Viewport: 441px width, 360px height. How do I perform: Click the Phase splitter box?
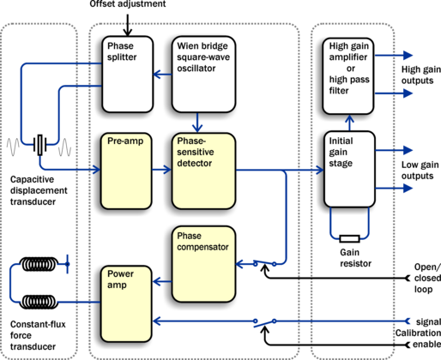click(x=128, y=75)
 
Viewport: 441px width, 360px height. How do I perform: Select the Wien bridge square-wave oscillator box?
click(x=203, y=75)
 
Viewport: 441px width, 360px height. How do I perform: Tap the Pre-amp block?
click(x=126, y=171)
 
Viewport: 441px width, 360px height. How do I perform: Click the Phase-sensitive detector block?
click(x=203, y=171)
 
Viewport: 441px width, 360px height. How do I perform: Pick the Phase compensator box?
click(x=203, y=264)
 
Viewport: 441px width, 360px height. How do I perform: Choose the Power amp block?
click(x=126, y=303)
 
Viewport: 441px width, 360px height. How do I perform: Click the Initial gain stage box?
click(x=349, y=169)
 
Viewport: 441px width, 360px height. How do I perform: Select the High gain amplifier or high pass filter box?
click(x=348, y=76)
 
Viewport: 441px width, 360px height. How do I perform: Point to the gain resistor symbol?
click(x=349, y=238)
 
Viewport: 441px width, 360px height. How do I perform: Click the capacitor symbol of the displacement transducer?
click(x=39, y=145)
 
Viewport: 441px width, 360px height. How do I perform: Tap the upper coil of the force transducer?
click(x=39, y=264)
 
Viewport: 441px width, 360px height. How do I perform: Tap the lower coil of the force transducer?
click(x=39, y=302)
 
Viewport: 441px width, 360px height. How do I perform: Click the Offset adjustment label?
click(x=128, y=4)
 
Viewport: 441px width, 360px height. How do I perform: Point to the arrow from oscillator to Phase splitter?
click(x=162, y=75)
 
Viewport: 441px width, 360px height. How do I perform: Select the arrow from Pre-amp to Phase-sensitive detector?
click(x=161, y=170)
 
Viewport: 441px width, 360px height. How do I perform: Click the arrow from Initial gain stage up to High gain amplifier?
click(x=349, y=123)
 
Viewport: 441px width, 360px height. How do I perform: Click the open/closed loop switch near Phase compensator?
click(x=264, y=263)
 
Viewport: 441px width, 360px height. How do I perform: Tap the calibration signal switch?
click(x=264, y=323)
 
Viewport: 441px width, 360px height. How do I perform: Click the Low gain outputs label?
click(x=420, y=171)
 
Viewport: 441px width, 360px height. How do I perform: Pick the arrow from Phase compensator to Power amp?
click(x=162, y=282)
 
